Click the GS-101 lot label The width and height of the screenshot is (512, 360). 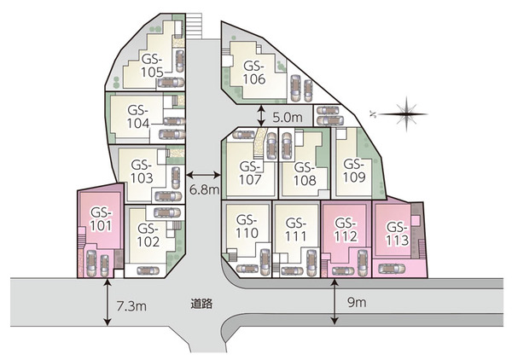[x=101, y=219]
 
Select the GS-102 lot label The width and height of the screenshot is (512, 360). [x=148, y=235]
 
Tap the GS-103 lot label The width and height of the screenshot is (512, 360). [x=142, y=171]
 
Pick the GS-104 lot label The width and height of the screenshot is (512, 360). [x=138, y=117]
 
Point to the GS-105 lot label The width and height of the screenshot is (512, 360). [x=152, y=66]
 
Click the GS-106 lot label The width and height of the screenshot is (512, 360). [x=254, y=73]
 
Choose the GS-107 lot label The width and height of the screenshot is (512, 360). [x=251, y=173]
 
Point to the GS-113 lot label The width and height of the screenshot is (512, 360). [x=395, y=232]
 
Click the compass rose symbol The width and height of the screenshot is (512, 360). [x=407, y=111]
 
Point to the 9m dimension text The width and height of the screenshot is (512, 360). [x=356, y=303]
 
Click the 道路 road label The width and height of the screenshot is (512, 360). [x=203, y=302]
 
